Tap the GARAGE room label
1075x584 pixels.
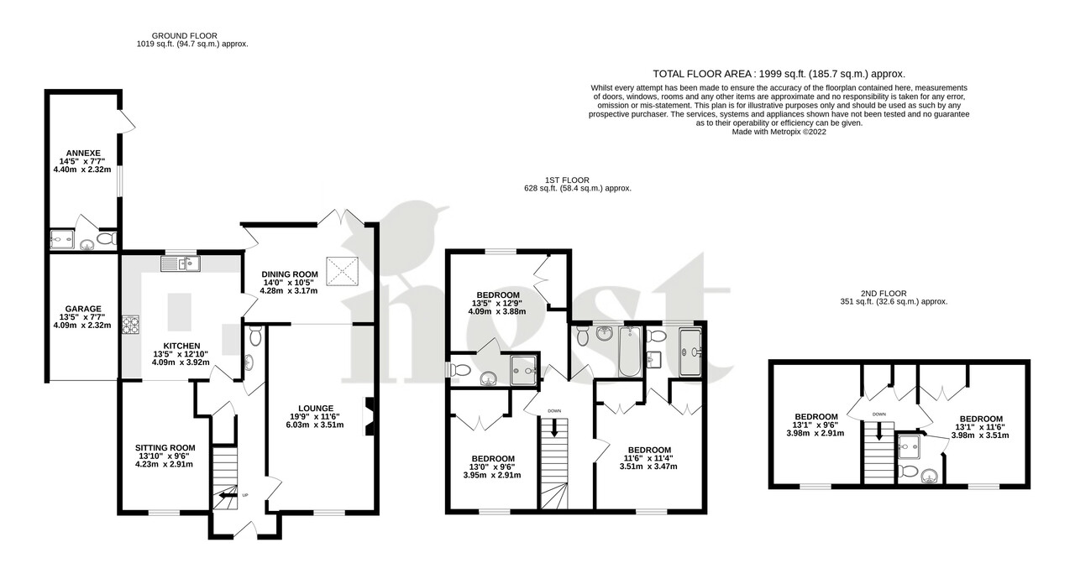coord(81,309)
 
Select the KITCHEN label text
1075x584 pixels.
coord(181,346)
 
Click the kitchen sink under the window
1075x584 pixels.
coord(181,265)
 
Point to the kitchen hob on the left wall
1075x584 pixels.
coord(131,324)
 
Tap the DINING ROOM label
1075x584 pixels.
coord(290,274)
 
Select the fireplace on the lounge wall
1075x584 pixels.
coord(368,417)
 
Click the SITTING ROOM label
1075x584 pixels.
coord(165,448)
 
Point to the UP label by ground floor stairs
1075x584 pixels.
coord(245,495)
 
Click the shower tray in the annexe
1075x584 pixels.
coord(62,241)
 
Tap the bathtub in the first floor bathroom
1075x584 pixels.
coord(629,352)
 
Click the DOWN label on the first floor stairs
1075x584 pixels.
coord(554,410)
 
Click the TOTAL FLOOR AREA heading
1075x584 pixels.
coord(779,74)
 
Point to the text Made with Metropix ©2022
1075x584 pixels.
coord(779,132)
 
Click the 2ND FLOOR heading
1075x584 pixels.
coord(895,293)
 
